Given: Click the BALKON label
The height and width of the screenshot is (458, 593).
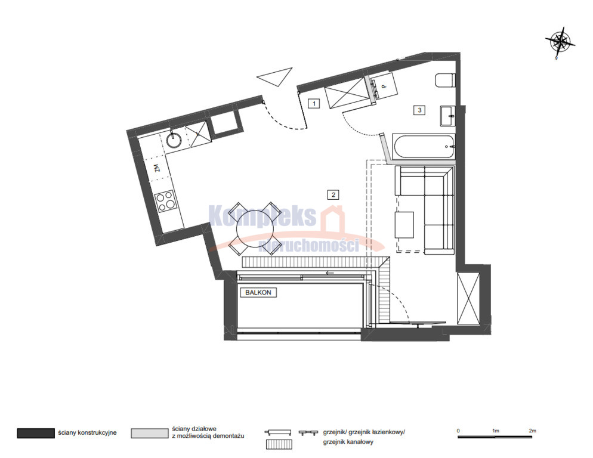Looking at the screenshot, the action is [x=258, y=292].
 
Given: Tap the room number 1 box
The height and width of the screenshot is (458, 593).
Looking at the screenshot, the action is [x=314, y=103].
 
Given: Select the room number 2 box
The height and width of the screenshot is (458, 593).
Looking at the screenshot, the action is [x=333, y=195].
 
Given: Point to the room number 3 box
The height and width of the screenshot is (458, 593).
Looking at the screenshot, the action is [x=419, y=110].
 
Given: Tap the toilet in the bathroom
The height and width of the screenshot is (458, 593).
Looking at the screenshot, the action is [x=444, y=80].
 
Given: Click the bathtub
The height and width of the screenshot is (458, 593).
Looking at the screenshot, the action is [x=424, y=146].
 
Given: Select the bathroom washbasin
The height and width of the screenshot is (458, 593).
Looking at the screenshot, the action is [x=448, y=115].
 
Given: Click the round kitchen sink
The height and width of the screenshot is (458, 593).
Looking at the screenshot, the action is [x=174, y=140].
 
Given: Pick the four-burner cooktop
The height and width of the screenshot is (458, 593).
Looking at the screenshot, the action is [x=166, y=201].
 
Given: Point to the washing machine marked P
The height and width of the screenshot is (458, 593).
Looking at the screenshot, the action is [x=384, y=86].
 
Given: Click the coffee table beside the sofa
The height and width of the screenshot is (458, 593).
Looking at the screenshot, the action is [x=404, y=225].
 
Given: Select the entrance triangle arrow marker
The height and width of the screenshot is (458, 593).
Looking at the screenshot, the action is [x=275, y=77].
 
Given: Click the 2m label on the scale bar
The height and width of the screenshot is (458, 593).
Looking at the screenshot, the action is [x=533, y=431].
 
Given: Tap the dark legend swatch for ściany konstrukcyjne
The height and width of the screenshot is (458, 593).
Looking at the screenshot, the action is [x=36, y=433].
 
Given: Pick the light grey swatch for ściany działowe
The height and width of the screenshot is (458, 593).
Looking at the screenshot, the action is [x=150, y=433].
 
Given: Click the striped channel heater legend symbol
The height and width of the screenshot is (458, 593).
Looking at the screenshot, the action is [x=279, y=444].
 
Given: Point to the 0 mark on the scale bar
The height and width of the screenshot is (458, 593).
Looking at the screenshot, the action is [x=458, y=431].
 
